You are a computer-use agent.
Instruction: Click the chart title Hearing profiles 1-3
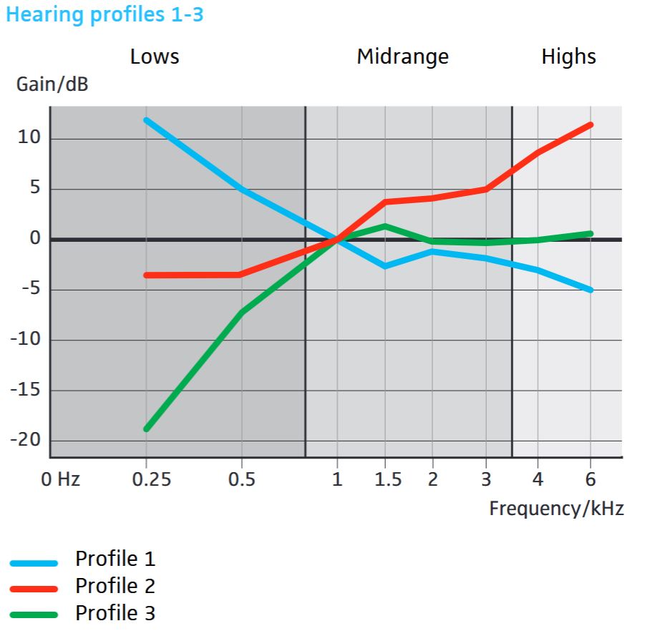(x=104, y=15)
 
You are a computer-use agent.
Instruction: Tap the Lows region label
(x=155, y=57)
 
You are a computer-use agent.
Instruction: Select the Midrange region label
(x=402, y=57)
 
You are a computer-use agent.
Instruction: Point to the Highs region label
(x=568, y=57)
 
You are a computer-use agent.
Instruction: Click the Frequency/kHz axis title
(x=556, y=509)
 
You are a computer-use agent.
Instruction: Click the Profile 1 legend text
(x=115, y=559)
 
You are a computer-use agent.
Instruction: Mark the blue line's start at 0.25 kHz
(x=146, y=119)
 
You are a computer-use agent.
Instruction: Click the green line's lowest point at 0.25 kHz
(x=146, y=429)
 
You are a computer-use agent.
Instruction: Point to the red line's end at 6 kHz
(x=590, y=124)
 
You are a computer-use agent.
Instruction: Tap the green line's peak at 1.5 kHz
(x=385, y=226)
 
